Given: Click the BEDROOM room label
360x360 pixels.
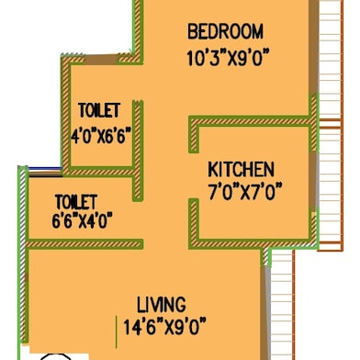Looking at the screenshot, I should [x=225, y=31].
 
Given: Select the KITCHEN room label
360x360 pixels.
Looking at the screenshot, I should [x=241, y=170].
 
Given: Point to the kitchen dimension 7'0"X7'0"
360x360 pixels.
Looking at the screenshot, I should [x=242, y=191].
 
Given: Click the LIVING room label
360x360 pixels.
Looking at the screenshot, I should [x=162, y=304].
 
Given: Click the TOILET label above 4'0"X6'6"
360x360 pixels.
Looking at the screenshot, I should [x=99, y=111].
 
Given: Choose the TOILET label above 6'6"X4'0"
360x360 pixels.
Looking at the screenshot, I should [x=76, y=200].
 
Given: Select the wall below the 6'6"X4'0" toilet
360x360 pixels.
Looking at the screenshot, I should [x=83, y=242].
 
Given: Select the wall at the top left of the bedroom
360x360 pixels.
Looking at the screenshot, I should [x=141, y=32].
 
